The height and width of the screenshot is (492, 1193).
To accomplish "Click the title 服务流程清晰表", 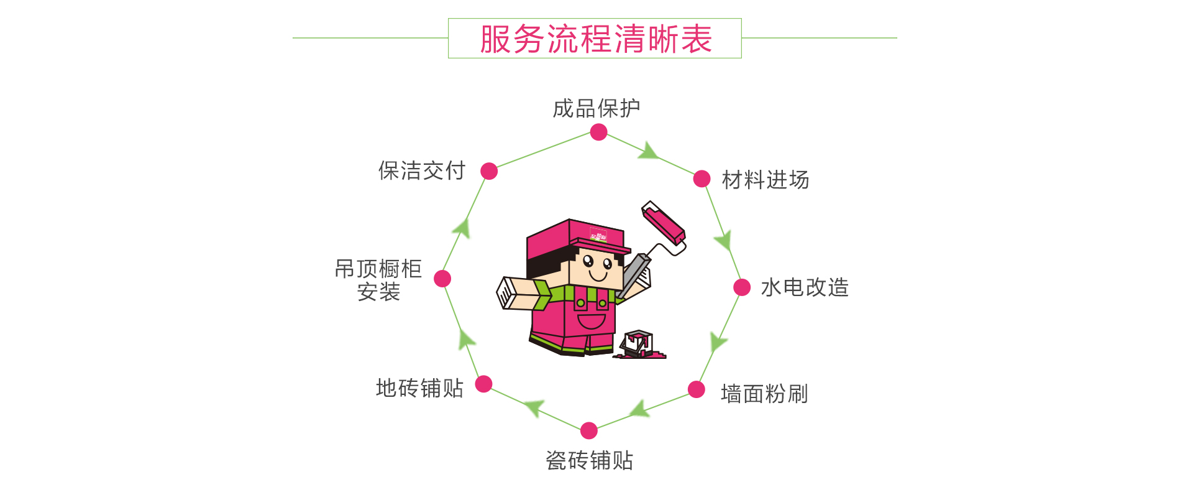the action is [x=595, y=39].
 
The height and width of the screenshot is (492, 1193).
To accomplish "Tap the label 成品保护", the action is [x=596, y=108].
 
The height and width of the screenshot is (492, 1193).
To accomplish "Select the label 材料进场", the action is [x=765, y=180].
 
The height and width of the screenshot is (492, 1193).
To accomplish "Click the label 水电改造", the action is [x=805, y=287].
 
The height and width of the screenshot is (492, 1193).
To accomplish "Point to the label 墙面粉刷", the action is [x=764, y=394].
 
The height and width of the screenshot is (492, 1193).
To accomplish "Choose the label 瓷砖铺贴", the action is [x=589, y=460].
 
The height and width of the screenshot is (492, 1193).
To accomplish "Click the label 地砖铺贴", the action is [x=419, y=388].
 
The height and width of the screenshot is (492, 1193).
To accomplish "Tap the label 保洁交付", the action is [x=422, y=170].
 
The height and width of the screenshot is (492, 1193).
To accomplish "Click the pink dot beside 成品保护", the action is [x=598, y=132].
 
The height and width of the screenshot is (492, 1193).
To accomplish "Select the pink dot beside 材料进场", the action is [x=702, y=179].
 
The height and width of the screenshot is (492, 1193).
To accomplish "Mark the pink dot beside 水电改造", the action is [x=742, y=287].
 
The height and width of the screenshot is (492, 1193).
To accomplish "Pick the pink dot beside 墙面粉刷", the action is [x=697, y=390].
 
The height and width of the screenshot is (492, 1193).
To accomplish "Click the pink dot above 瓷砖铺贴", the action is [x=589, y=430].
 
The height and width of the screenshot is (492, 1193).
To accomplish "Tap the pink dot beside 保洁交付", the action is [x=489, y=171].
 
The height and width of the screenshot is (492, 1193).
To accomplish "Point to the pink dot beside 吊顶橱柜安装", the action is [x=442, y=279].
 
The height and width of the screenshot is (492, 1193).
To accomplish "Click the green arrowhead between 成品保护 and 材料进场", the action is [x=648, y=151].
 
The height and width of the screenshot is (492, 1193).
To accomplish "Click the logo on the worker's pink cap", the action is [x=598, y=235].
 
